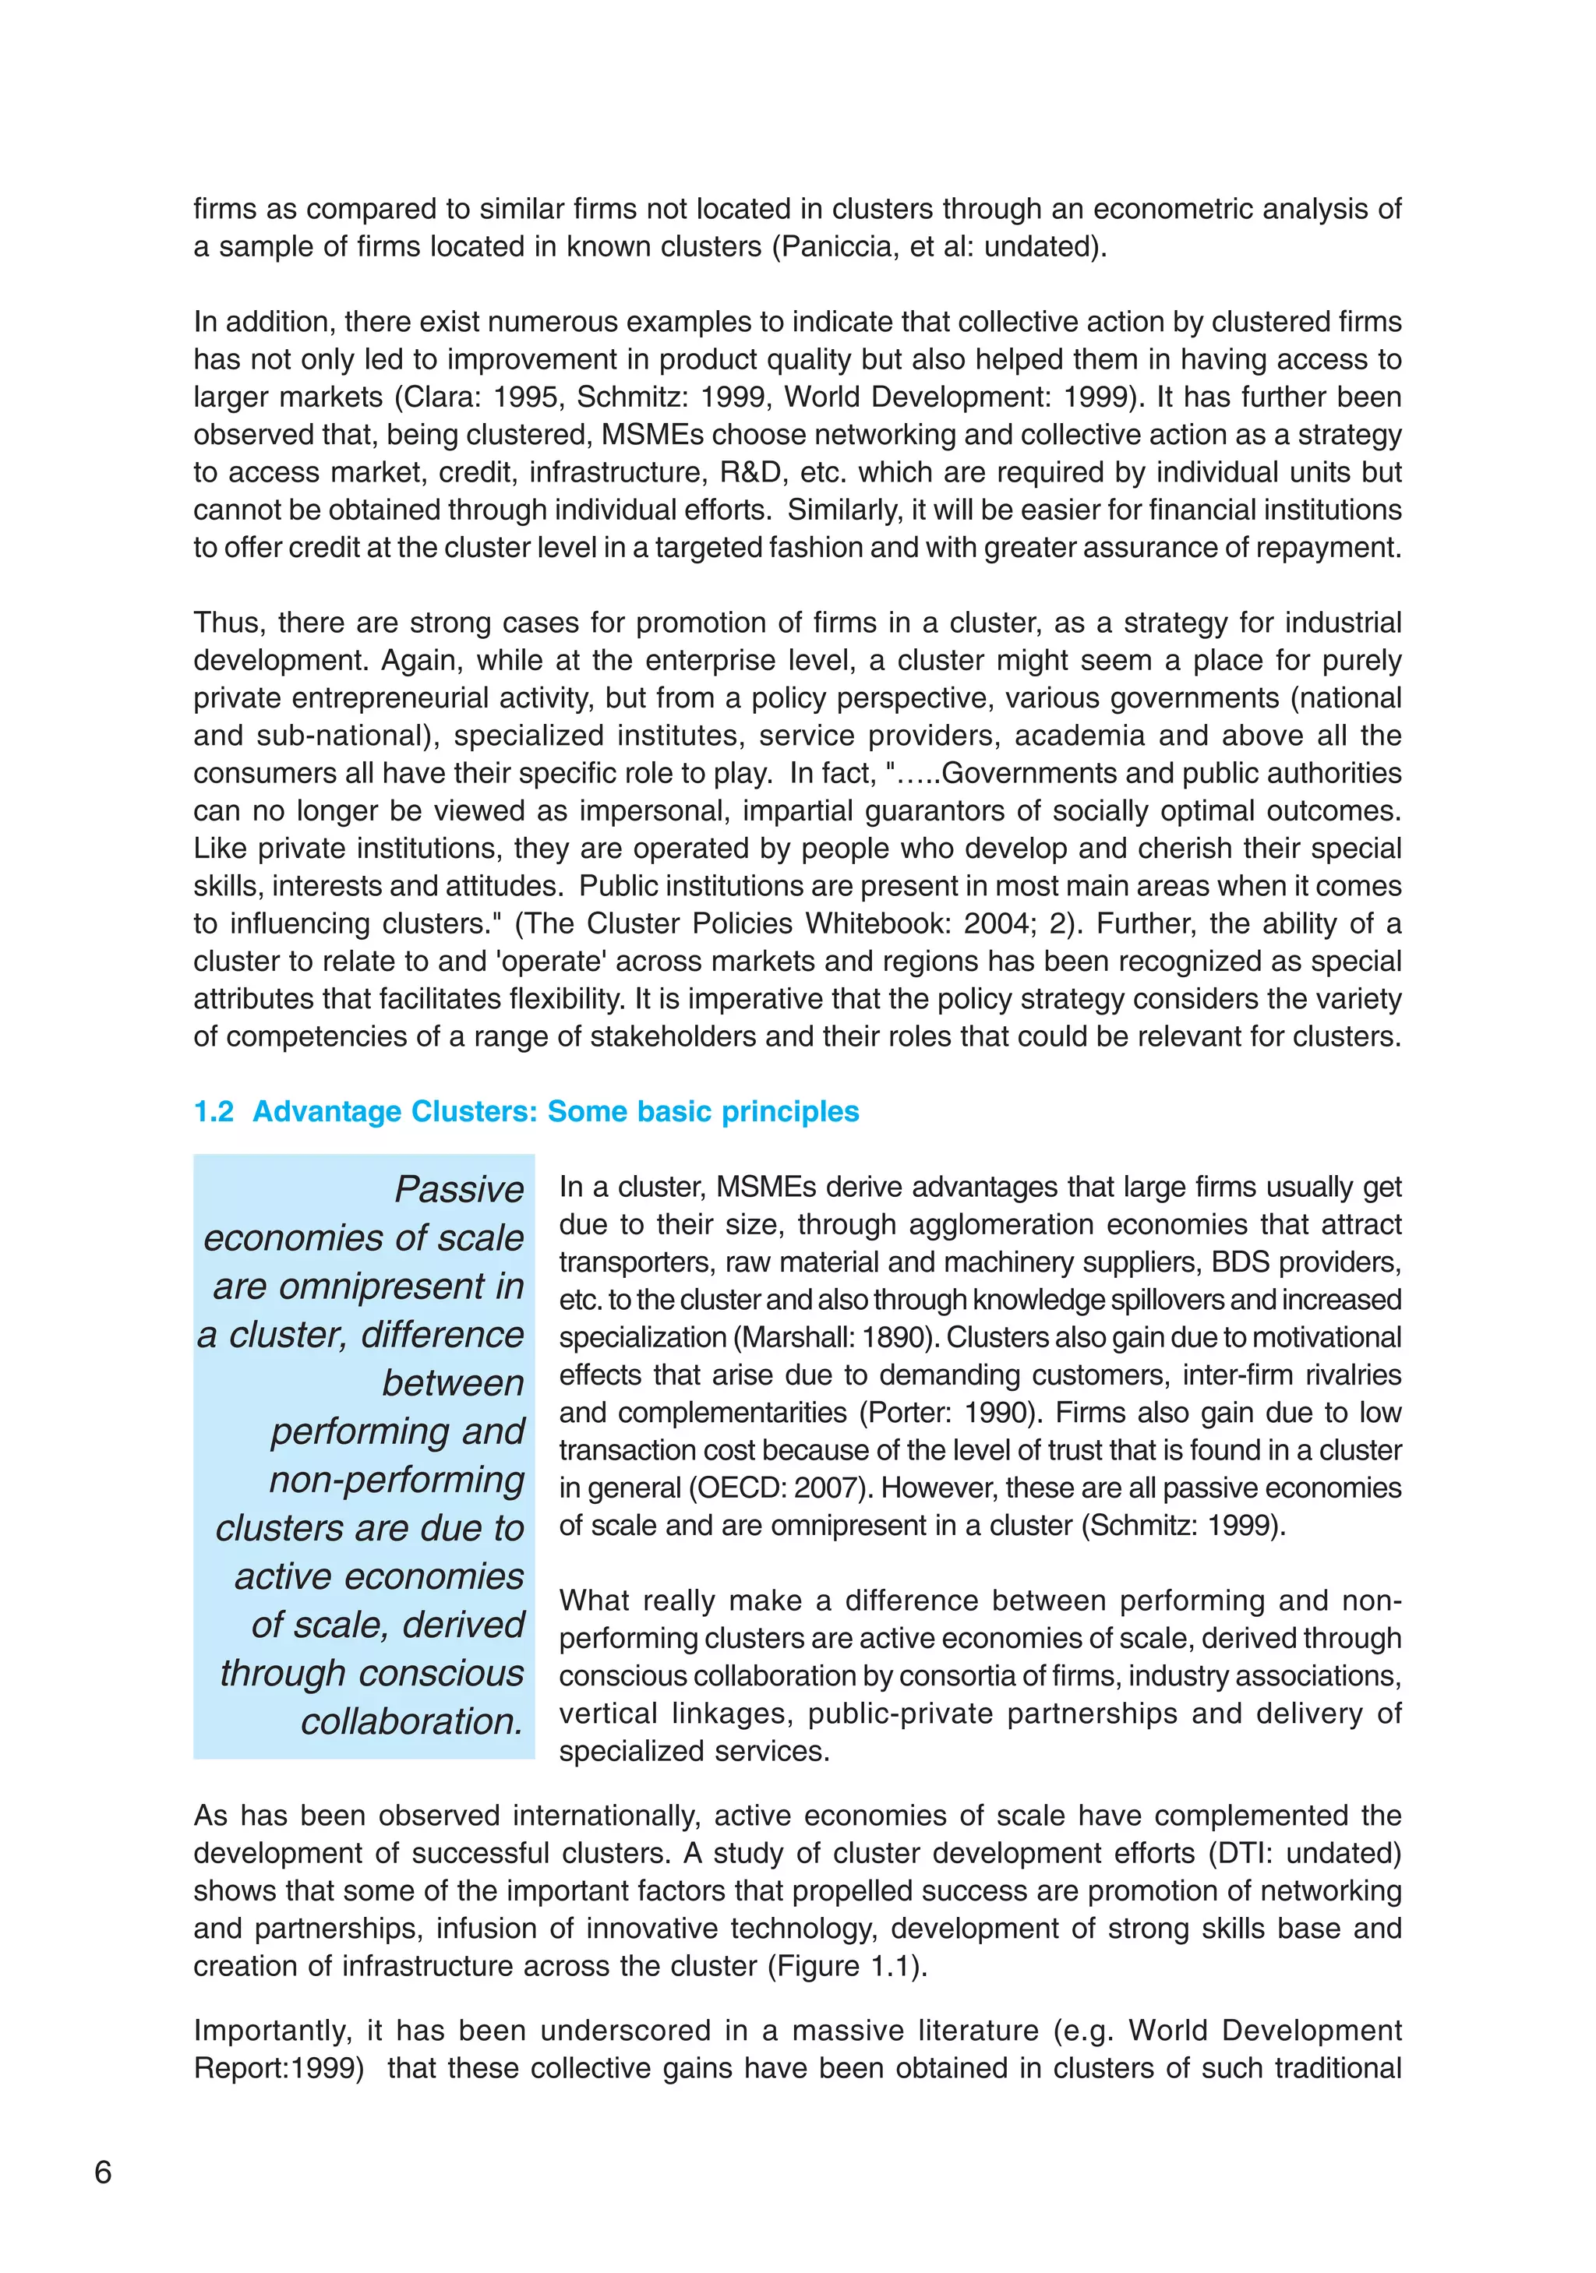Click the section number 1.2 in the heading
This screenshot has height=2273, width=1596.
point(214,1112)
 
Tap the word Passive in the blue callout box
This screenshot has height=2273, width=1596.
point(459,1189)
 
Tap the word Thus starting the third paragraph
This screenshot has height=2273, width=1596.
point(227,623)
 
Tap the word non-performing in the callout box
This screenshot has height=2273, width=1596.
point(397,1480)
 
